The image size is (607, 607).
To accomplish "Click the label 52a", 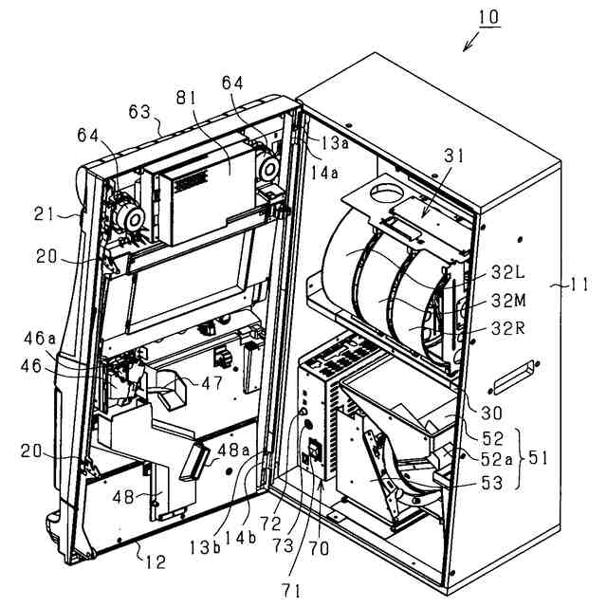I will tap(494, 458).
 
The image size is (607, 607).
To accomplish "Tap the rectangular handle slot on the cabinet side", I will tap(512, 375).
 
